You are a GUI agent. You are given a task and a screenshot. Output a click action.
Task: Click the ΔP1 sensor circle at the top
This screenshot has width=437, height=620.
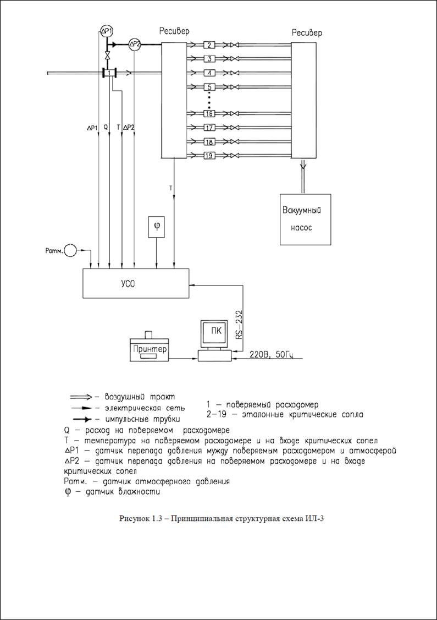(107, 29)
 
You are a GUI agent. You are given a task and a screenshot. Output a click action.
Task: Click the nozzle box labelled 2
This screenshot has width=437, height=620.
(209, 45)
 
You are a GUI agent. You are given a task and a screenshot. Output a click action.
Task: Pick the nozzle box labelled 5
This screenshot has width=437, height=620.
(209, 87)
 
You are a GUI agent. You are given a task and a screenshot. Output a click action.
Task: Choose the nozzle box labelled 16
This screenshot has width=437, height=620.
(209, 113)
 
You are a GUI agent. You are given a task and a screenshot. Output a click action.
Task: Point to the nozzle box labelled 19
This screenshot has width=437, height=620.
(209, 156)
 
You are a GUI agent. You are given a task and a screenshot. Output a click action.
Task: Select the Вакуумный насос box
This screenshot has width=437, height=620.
(305, 219)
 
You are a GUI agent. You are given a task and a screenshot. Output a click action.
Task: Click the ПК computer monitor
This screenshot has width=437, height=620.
(213, 333)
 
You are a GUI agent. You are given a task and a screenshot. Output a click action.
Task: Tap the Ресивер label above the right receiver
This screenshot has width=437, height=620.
(307, 32)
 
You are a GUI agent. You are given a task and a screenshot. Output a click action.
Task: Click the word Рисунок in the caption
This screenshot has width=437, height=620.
(134, 519)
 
